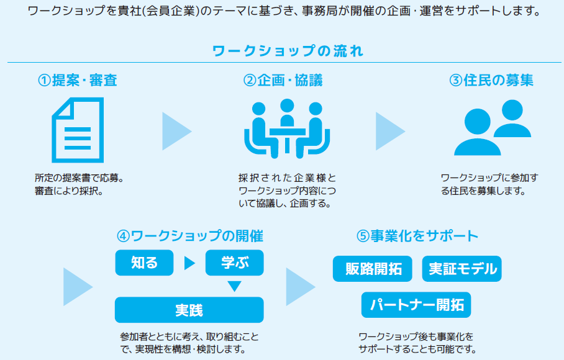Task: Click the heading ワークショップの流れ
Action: pyautogui.click(x=288, y=51)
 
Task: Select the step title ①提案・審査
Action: pyautogui.click(x=78, y=80)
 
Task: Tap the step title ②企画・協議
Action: pyautogui.click(x=283, y=80)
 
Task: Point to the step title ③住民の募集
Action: pyautogui.click(x=491, y=80)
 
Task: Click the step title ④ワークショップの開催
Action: pyautogui.click(x=190, y=236)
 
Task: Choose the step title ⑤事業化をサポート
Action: pyautogui.click(x=417, y=236)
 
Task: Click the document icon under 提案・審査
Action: pyautogui.click(x=78, y=130)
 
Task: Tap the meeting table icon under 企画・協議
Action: pyautogui.click(x=287, y=128)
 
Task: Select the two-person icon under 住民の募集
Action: pyautogui.click(x=493, y=127)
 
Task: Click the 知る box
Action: pyautogui.click(x=144, y=263)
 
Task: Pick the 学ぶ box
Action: pyautogui.click(x=235, y=263)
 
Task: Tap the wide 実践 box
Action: pyautogui.click(x=189, y=310)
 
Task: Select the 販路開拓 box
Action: pyautogui.click(x=372, y=269)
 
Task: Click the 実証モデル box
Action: pyautogui.click(x=462, y=269)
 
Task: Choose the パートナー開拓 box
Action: pyautogui.click(x=416, y=305)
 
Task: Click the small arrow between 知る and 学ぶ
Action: pyautogui.click(x=189, y=263)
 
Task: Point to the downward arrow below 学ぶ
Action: pyautogui.click(x=235, y=286)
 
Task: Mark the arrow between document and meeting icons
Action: pyautogui.click(x=176, y=131)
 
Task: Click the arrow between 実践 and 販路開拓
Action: pyautogui.click(x=301, y=287)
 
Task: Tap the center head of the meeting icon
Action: pyautogui.click(x=287, y=106)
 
